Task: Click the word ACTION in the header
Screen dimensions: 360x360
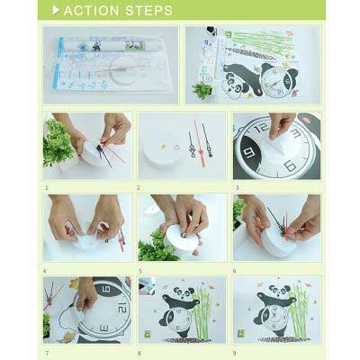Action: (92, 11)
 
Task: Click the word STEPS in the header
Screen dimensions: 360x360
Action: (148, 11)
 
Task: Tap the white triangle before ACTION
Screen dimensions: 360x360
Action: (56, 11)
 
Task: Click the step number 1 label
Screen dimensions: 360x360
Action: (47, 188)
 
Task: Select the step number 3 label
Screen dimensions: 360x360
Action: (237, 188)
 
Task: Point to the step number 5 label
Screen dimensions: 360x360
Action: (139, 272)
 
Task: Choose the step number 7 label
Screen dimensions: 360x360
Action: (47, 354)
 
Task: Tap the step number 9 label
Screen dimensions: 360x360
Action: (235, 354)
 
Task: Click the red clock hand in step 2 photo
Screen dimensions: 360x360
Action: (199, 143)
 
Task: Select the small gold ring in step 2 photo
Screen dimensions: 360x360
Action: (176, 148)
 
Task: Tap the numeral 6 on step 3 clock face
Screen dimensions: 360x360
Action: (290, 166)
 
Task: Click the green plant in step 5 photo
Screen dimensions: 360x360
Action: (156, 247)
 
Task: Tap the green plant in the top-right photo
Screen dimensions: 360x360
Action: (202, 90)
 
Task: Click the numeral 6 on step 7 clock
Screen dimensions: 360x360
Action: (107, 290)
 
